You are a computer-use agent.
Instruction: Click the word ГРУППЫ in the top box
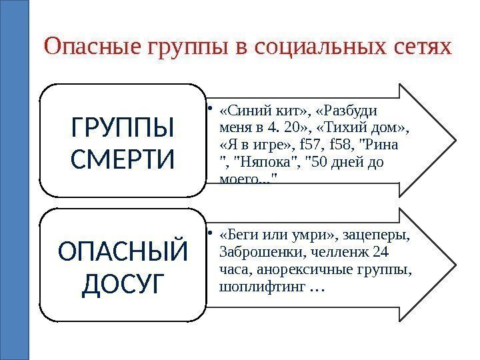121,126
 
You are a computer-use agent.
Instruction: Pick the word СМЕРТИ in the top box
121,159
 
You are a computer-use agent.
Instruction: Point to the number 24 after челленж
381,254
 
